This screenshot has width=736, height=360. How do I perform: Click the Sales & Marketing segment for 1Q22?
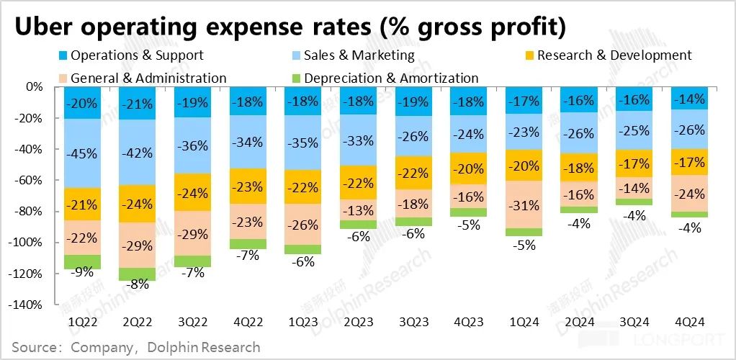[83, 153]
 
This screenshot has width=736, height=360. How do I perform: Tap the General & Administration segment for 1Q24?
[524, 204]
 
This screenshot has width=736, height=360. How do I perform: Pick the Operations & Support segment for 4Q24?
[689, 98]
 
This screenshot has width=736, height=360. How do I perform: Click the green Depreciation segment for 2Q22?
[138, 274]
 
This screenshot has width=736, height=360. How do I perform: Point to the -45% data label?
[83, 153]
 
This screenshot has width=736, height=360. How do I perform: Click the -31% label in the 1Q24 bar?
[524, 205]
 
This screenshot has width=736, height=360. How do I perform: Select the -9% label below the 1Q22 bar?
[83, 273]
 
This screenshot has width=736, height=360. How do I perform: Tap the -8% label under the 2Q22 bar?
[138, 284]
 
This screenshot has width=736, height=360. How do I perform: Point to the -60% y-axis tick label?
[30, 180]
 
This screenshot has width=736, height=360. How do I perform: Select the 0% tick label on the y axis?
[35, 86]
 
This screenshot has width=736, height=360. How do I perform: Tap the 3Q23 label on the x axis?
[413, 323]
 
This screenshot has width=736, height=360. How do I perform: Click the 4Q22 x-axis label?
[248, 323]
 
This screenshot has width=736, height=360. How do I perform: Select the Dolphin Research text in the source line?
[204, 348]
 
